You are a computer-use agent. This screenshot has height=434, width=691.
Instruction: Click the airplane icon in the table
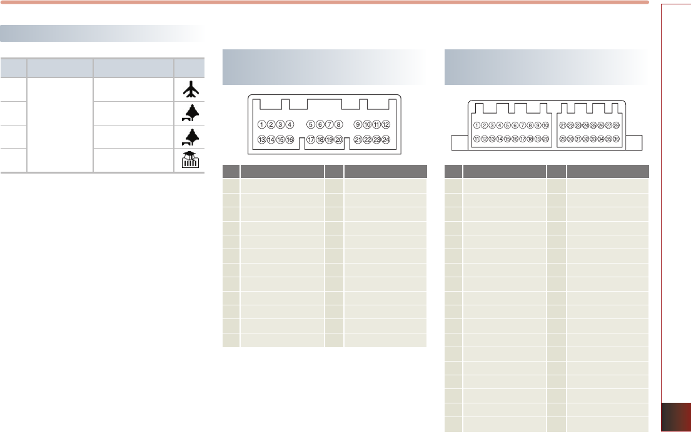click(x=189, y=91)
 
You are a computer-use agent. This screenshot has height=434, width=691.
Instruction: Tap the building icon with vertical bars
click(x=189, y=160)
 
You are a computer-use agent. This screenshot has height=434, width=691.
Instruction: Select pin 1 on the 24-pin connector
click(x=262, y=124)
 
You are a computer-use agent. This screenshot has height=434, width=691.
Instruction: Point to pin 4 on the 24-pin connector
click(x=290, y=124)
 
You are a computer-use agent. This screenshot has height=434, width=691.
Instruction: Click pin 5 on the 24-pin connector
click(x=311, y=124)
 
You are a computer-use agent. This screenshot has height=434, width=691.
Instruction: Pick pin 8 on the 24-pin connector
click(x=338, y=124)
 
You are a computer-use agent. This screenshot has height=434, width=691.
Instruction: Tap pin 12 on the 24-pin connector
click(x=386, y=124)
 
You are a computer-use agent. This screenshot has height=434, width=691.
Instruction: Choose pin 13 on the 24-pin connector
click(x=262, y=139)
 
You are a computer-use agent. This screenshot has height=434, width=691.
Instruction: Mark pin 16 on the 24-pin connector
click(x=290, y=139)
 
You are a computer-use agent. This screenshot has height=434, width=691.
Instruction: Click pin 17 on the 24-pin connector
click(x=311, y=139)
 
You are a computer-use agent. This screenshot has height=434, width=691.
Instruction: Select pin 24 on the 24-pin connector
click(x=386, y=139)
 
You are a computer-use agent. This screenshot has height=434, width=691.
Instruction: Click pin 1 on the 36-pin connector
click(x=477, y=126)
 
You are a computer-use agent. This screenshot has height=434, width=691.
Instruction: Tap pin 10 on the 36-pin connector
click(x=545, y=126)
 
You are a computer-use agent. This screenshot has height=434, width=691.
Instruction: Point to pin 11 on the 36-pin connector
click(x=477, y=139)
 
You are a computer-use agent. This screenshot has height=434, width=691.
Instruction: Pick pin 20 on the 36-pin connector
click(x=545, y=139)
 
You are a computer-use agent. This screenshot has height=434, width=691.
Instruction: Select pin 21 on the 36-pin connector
click(x=563, y=126)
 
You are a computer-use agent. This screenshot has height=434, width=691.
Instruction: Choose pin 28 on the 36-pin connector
click(x=616, y=126)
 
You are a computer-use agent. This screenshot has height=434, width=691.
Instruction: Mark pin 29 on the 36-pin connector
click(x=563, y=139)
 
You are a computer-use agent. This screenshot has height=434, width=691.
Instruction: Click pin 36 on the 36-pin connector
click(x=616, y=139)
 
